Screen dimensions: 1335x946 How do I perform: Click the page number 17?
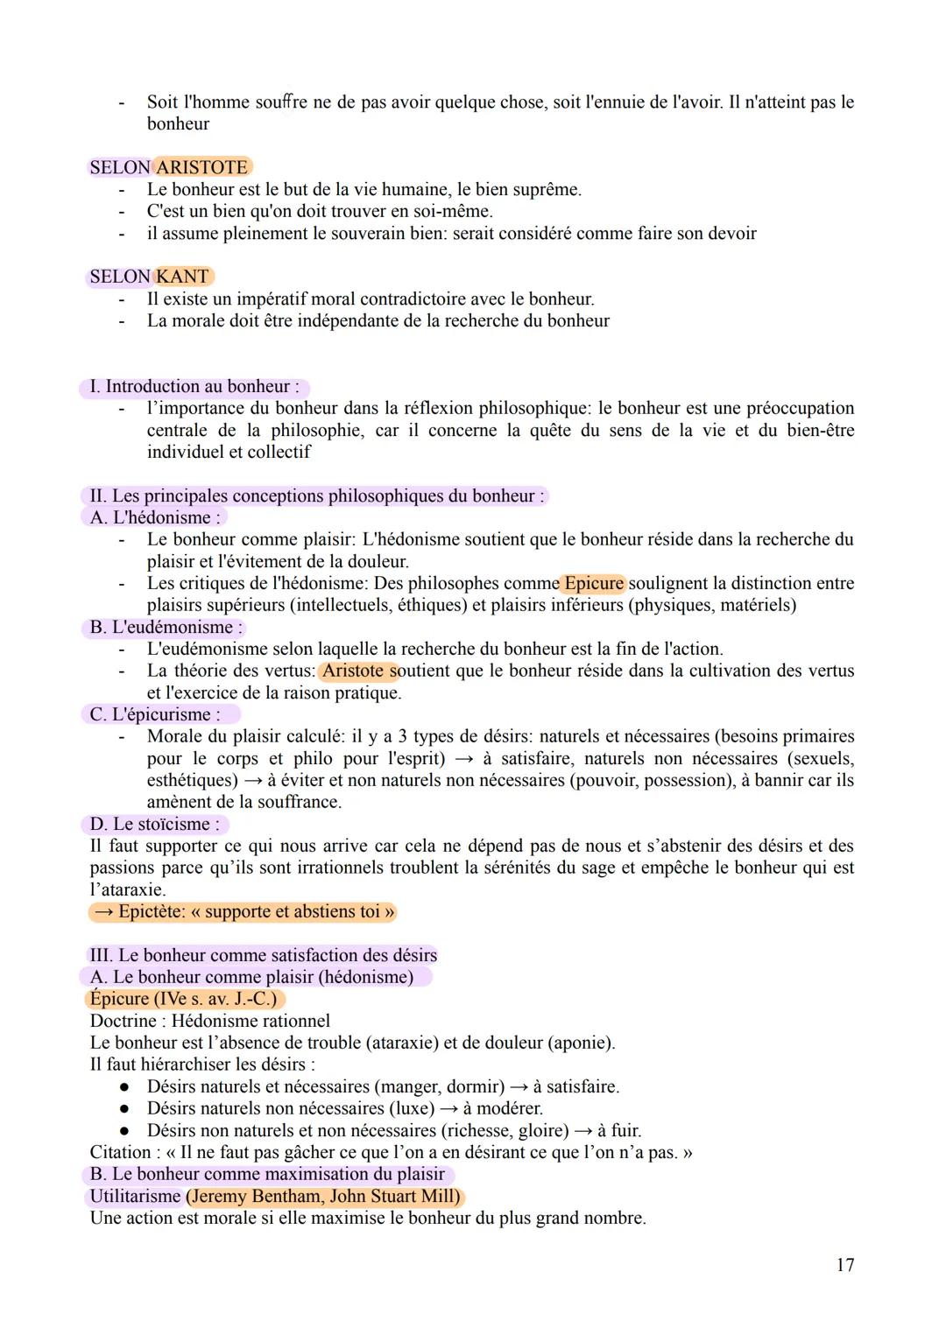click(x=844, y=1265)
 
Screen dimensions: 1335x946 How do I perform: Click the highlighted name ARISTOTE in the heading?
click(x=201, y=167)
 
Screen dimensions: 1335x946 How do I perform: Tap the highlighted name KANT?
click(x=182, y=277)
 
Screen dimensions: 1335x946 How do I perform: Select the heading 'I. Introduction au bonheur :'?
click(x=194, y=387)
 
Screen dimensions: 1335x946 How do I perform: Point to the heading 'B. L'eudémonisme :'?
click(x=166, y=628)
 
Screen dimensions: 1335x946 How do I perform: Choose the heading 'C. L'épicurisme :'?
click(x=155, y=714)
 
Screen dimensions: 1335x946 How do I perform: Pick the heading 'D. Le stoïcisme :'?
click(x=155, y=825)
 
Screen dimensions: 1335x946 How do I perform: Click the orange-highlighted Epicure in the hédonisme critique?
click(x=594, y=583)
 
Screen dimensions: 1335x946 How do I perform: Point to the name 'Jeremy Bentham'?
click(x=255, y=1197)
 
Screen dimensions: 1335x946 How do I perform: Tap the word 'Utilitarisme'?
click(x=135, y=1197)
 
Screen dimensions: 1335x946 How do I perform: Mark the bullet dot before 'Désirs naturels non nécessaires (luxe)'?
click(x=125, y=1108)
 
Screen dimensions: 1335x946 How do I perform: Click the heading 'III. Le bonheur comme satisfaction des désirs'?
click(x=263, y=955)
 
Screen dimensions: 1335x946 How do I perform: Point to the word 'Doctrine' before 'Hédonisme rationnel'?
click(x=123, y=1022)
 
